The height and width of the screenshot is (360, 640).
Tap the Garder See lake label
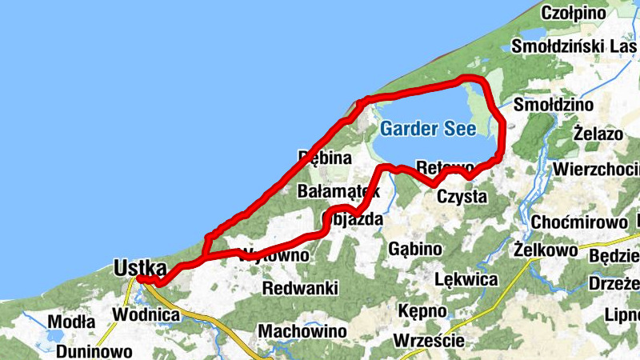428,128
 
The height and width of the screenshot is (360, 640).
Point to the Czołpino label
574,13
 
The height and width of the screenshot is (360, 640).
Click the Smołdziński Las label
575,46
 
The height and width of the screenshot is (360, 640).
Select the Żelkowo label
547,251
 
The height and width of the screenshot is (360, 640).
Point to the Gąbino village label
414,249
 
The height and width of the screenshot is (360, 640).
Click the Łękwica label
466,280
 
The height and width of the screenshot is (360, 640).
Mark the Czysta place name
461,196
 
